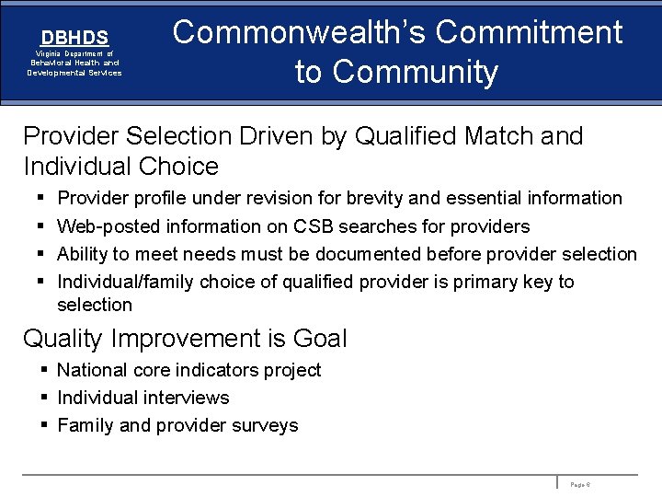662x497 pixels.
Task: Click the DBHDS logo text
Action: tap(74, 38)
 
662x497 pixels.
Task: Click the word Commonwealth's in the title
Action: tap(299, 32)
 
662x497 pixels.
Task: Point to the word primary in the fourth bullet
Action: tap(488, 282)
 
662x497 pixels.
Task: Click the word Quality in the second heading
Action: tap(63, 339)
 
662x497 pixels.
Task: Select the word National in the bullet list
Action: tap(92, 370)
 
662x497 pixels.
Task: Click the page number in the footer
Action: tap(580, 483)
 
